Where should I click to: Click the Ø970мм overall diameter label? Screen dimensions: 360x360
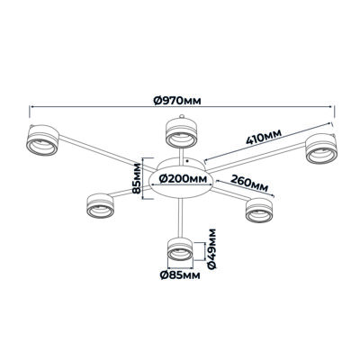(177, 101)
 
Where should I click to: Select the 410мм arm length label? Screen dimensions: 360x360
(264, 137)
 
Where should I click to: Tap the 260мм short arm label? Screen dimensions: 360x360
(249, 183)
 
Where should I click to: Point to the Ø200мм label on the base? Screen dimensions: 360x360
(183, 179)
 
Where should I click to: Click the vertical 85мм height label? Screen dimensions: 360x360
(137, 179)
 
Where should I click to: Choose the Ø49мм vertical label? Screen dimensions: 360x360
(211, 249)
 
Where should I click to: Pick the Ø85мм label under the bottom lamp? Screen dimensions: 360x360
(180, 275)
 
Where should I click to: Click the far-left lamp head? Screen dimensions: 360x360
(42, 140)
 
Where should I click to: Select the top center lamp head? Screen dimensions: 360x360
(181, 133)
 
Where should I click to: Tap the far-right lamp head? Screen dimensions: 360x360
(321, 149)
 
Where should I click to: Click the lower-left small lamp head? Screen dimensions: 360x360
(101, 205)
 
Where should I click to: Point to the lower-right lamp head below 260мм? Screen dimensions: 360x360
(259, 211)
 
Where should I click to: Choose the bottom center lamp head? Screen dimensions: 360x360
(180, 249)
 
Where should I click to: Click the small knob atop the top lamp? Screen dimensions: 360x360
(181, 116)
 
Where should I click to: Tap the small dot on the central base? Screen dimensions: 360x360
(187, 161)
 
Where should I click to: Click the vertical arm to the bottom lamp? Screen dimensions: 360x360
(180, 219)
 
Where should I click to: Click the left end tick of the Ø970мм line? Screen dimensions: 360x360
(30, 112)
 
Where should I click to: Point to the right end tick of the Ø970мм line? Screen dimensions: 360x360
(334, 112)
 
